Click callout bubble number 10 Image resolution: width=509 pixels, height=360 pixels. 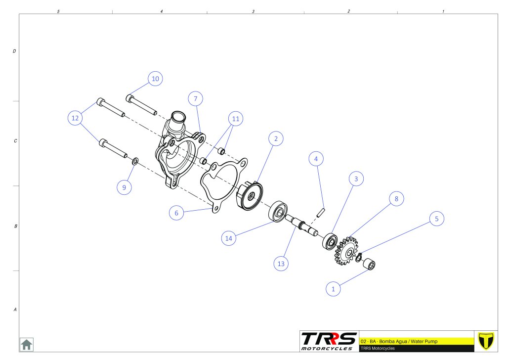[x=155, y=79]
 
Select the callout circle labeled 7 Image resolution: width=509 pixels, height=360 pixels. [x=196, y=99]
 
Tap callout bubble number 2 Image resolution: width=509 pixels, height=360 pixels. [x=276, y=139]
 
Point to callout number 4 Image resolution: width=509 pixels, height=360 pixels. [x=316, y=159]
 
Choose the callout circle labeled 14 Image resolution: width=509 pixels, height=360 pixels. [x=228, y=238]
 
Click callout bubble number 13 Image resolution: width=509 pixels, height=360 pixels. [x=281, y=264]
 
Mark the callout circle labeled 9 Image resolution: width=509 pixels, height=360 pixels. [x=125, y=187]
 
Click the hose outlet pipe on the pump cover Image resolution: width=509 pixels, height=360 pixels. [x=176, y=121]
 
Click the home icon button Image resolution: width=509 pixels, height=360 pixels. [x=26, y=344]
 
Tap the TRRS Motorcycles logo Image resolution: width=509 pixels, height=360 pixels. [x=329, y=341]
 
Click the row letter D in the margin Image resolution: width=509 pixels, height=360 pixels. [x=14, y=51]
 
